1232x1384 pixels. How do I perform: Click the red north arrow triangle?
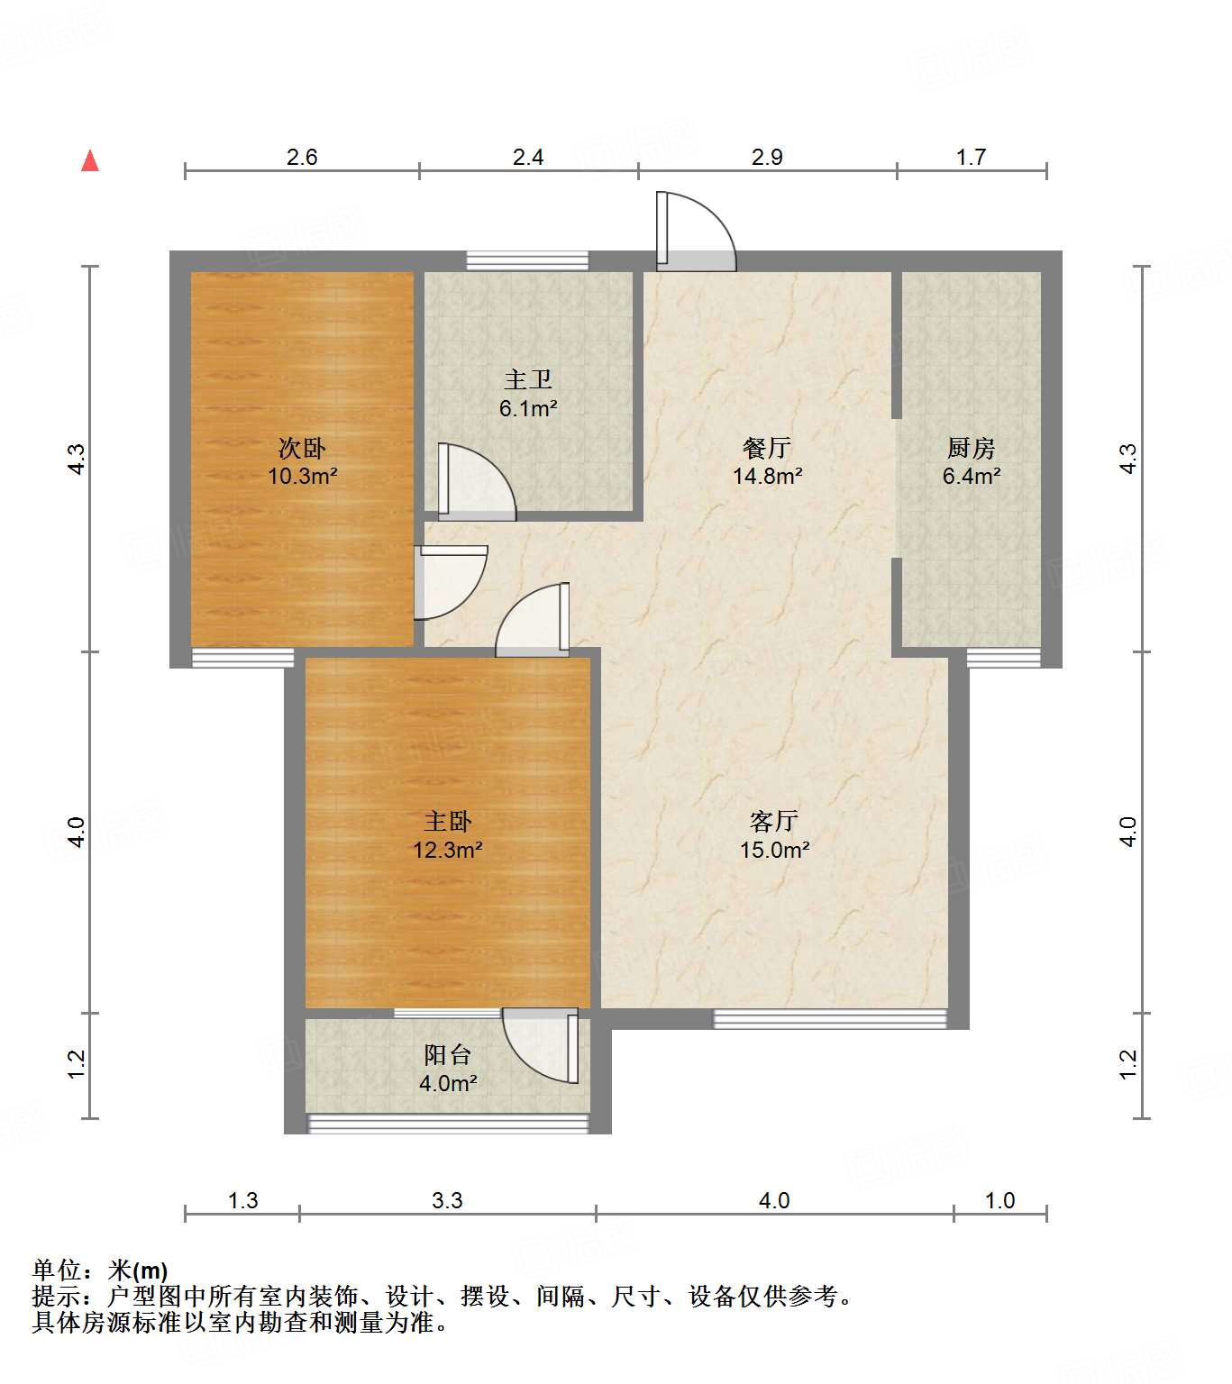90,161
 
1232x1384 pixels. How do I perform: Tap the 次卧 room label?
302,448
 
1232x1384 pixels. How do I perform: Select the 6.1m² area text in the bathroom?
528,409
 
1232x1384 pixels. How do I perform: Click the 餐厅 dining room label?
767,448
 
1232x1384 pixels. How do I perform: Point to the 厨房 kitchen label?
971,448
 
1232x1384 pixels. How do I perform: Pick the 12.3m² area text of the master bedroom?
447,850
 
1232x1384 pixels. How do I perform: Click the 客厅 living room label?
773,821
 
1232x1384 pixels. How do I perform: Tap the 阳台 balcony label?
447,1054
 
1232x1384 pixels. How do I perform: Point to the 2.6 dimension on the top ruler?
302,158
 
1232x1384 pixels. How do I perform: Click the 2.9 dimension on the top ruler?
767,158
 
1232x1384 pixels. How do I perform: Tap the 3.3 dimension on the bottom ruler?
447,1200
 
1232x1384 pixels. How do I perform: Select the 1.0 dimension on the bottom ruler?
999,1200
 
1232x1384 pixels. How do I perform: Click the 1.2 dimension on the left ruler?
77,1064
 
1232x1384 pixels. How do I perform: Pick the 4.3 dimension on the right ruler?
1127,459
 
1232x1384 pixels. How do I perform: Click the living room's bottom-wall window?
830,1019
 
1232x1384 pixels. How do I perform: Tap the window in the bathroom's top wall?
527,261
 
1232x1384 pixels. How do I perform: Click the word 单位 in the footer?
57,1270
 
